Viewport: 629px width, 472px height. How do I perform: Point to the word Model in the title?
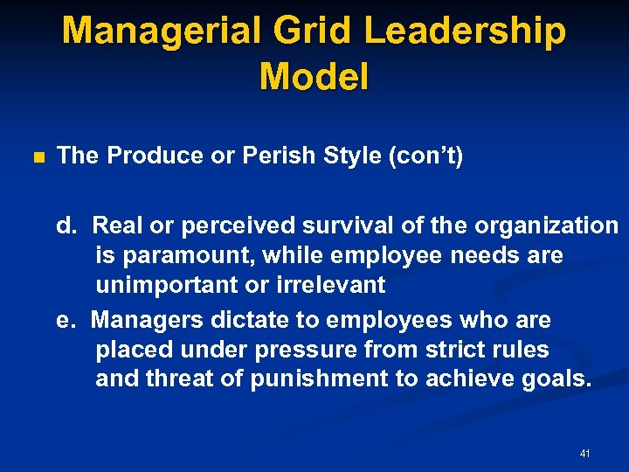click(x=314, y=77)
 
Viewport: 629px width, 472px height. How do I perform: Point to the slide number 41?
click(x=584, y=454)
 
